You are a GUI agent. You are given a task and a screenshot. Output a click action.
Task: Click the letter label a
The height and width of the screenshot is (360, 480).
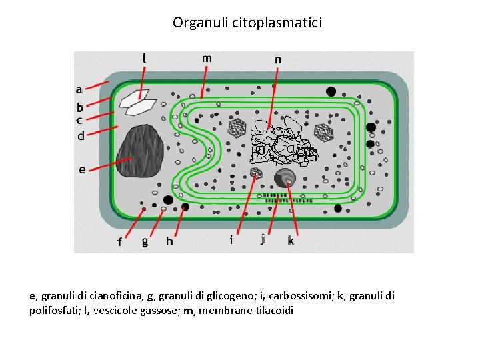tap(79, 89)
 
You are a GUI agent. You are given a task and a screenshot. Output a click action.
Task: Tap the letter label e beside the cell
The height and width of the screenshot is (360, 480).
tap(82, 169)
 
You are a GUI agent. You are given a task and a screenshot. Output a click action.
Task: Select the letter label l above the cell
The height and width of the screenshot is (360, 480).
tap(145, 58)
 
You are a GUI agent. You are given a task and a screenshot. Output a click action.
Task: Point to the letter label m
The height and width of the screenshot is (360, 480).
tap(207, 58)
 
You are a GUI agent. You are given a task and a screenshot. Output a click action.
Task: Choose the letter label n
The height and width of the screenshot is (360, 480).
tap(278, 59)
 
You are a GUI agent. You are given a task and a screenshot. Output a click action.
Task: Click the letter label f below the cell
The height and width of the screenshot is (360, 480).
tap(120, 242)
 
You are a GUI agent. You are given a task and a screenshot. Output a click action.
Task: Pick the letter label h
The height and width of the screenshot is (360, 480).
tap(169, 241)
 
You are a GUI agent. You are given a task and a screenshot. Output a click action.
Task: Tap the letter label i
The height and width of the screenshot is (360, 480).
tap(231, 240)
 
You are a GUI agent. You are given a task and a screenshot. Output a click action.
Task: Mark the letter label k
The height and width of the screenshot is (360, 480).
tap(291, 240)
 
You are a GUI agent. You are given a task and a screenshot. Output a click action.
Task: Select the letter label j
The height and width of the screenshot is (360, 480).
tap(262, 239)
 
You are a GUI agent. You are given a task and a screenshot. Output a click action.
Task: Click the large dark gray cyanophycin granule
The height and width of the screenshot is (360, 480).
tap(139, 153)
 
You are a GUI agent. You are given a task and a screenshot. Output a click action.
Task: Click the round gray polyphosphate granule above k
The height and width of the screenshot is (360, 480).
tap(285, 178)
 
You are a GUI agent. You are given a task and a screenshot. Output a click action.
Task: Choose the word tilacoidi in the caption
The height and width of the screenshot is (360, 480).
tap(273, 311)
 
